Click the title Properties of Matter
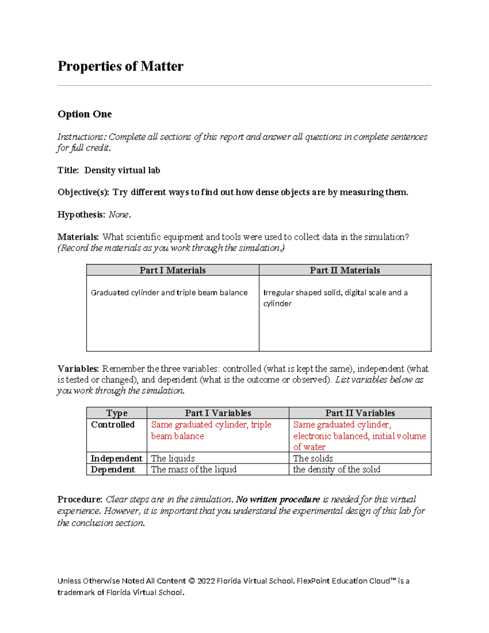(x=120, y=66)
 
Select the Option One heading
(x=84, y=114)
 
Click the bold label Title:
(x=68, y=170)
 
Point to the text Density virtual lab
(x=122, y=170)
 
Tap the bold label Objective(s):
(x=83, y=192)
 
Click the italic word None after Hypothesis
(x=119, y=215)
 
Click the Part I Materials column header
(x=172, y=270)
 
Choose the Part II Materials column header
(x=345, y=270)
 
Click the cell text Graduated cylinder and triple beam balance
(x=169, y=293)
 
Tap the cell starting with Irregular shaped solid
(x=335, y=298)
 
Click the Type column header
(x=117, y=413)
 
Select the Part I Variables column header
(x=218, y=413)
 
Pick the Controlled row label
(x=112, y=425)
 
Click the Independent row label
(x=116, y=459)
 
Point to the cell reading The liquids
(x=173, y=459)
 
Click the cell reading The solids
(x=313, y=459)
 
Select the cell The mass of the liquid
(x=194, y=470)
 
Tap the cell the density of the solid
(x=337, y=470)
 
